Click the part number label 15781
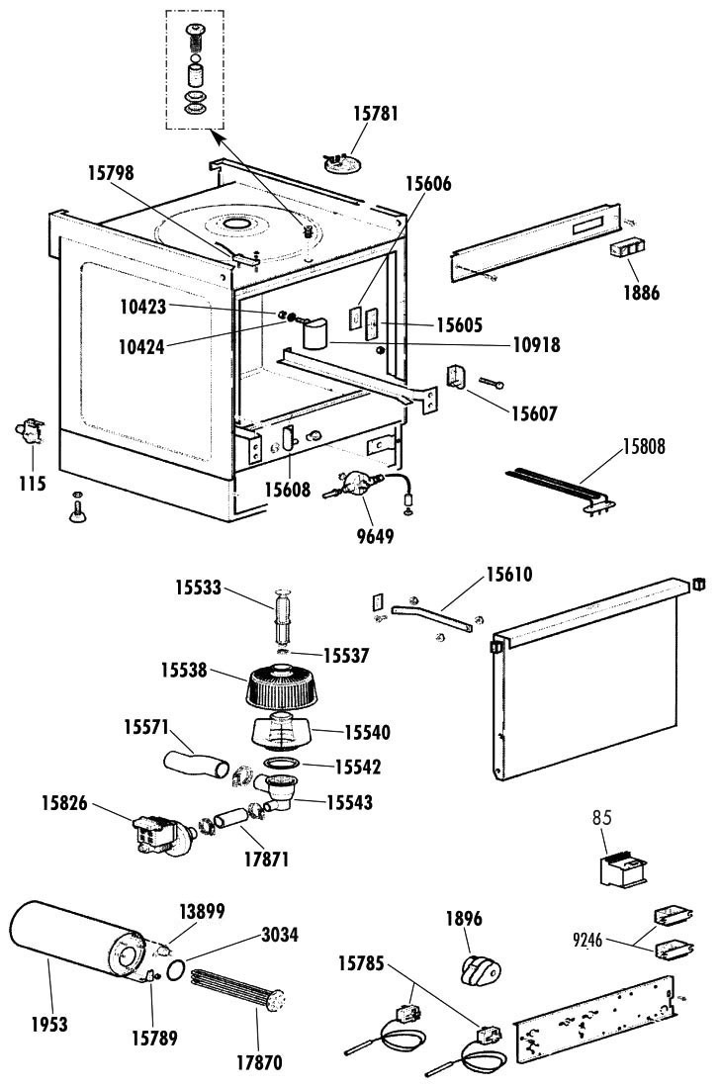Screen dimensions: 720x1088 [x=376, y=113]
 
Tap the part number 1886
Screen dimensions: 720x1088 [x=641, y=292]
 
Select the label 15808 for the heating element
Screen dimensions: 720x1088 [x=644, y=446]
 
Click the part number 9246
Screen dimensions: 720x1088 [x=589, y=941]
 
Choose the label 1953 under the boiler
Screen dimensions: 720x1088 [x=49, y=1024]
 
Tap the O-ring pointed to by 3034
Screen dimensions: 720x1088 [x=176, y=968]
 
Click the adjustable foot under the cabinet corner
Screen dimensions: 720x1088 [x=78, y=508]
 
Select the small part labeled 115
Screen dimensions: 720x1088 [x=30, y=431]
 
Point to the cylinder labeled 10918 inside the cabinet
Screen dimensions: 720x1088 [x=316, y=333]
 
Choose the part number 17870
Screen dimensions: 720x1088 [x=259, y=1061]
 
